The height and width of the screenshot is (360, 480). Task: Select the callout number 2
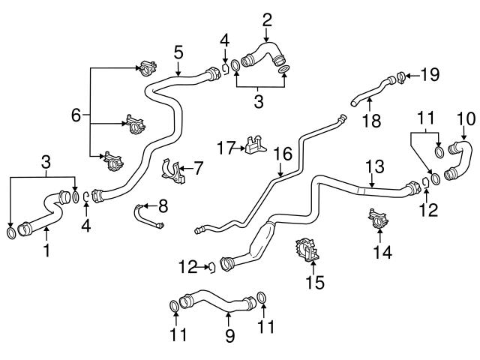click(267, 19)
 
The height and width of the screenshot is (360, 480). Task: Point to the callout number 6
click(76, 115)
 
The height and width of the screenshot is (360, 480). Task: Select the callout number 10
click(466, 118)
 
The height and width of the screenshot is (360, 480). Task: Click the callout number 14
click(385, 253)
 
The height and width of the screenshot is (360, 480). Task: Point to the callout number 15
click(315, 282)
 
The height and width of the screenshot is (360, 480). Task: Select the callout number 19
click(429, 75)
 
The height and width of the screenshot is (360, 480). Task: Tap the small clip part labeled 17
click(255, 146)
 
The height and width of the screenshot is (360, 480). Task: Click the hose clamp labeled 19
click(401, 75)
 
